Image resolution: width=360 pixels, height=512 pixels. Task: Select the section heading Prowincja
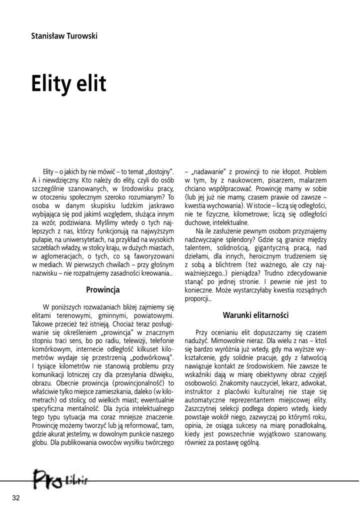click(102, 289)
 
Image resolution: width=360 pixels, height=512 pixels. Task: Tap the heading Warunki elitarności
click(256, 315)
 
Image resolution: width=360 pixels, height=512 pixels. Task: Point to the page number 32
click(16, 497)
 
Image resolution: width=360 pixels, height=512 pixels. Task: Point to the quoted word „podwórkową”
click(149, 356)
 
